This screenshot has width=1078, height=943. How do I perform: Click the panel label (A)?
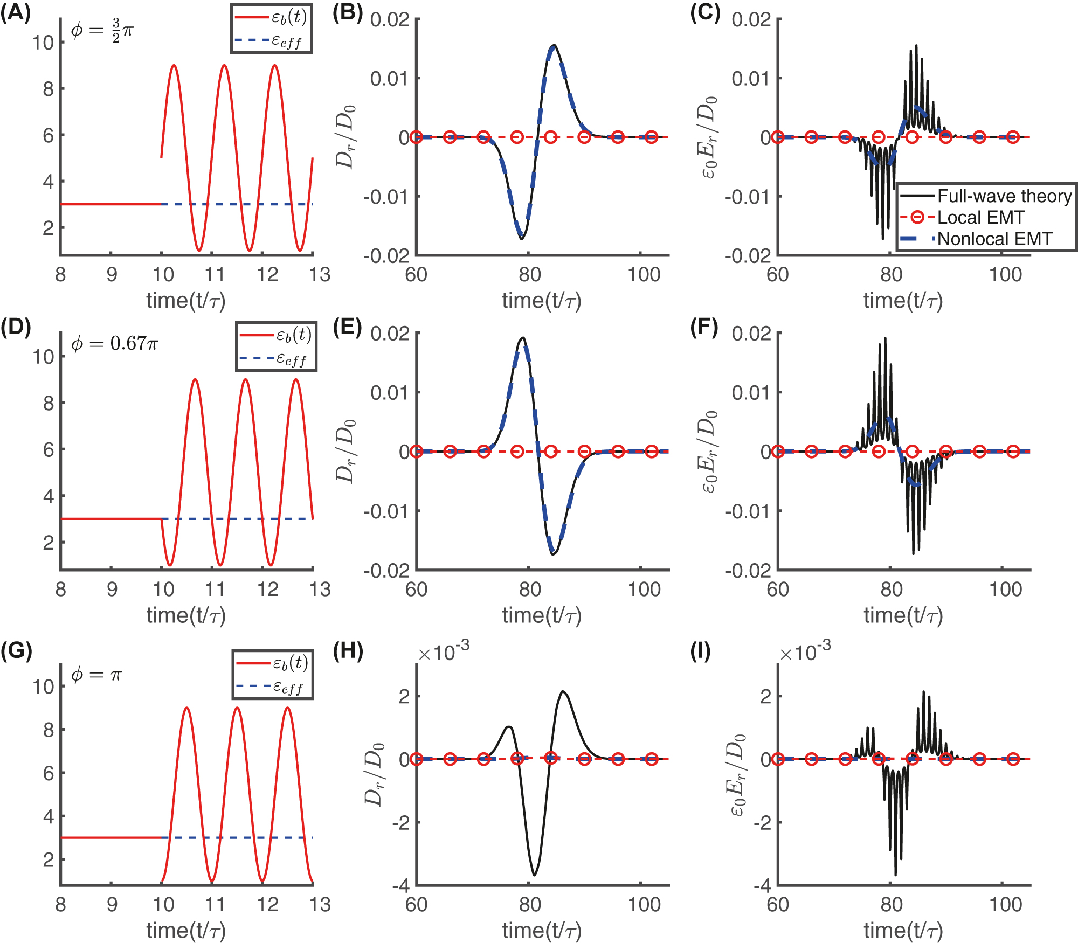[15, 12]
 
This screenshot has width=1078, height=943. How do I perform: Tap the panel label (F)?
[704, 328]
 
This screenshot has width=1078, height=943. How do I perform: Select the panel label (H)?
[348, 651]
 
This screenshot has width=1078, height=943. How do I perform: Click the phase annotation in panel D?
[115, 343]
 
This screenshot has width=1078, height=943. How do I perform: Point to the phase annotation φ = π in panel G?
[97, 675]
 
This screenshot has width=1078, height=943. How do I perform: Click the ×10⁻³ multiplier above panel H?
[443, 653]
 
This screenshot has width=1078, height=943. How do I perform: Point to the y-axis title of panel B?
[345, 137]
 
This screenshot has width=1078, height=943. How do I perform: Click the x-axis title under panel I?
[903, 930]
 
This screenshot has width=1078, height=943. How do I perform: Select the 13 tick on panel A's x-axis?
[320, 275]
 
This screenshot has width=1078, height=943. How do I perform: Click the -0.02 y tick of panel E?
[386, 571]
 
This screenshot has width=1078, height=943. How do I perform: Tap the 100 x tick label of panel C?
[1005, 275]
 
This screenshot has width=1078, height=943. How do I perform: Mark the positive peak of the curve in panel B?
[554, 46]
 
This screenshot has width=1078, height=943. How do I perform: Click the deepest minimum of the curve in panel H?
[534, 875]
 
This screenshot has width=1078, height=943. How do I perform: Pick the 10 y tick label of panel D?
[43, 357]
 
